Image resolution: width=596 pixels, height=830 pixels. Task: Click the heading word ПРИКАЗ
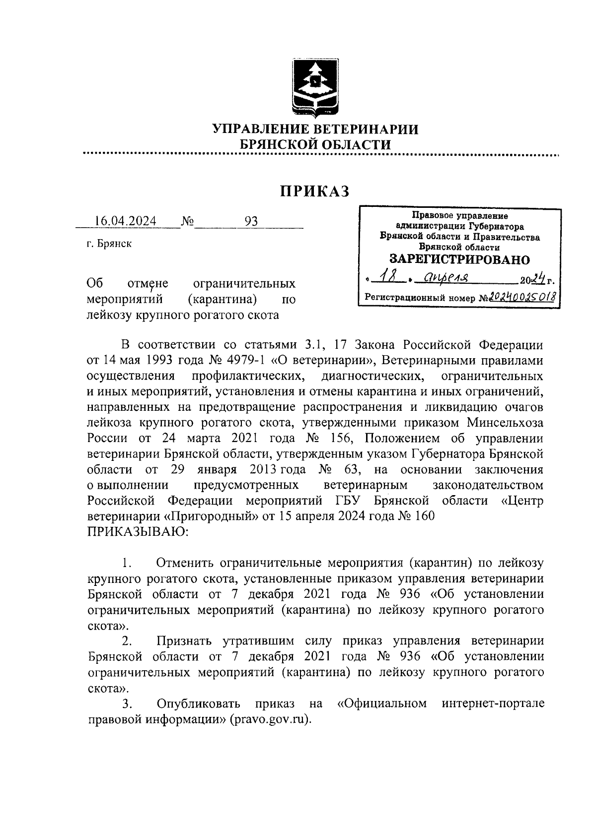point(315,191)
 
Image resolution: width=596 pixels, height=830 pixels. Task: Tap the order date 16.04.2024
point(125,221)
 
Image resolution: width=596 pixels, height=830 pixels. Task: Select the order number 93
point(251,221)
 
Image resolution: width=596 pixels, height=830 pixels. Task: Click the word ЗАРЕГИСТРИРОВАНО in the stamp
point(459,259)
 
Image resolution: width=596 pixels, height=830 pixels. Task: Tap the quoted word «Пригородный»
point(211,516)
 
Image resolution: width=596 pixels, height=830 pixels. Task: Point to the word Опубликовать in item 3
point(199,703)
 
